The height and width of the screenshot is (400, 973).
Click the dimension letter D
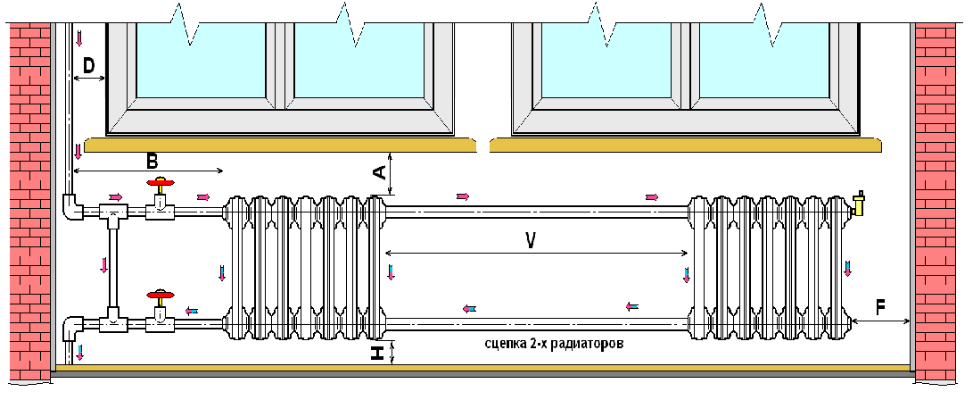(89, 65)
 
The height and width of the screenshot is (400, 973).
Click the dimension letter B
(152, 160)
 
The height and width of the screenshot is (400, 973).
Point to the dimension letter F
(880, 307)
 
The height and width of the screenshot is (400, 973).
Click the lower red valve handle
(160, 293)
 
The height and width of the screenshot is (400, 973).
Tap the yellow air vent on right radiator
(860, 204)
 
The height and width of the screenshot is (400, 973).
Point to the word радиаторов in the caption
(579, 343)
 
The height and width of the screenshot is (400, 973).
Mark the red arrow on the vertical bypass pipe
(103, 264)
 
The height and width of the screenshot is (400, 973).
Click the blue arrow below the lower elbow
(80, 351)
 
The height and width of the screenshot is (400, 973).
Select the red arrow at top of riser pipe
(79, 38)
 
